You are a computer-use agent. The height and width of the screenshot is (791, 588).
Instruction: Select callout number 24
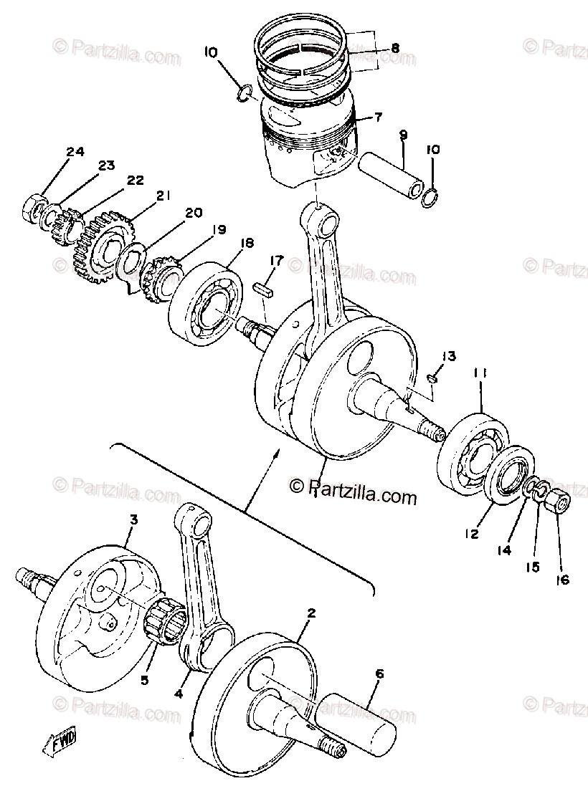75,152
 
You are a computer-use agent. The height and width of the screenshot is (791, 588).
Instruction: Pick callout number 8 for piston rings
394,49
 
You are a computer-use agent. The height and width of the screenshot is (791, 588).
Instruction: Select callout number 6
379,673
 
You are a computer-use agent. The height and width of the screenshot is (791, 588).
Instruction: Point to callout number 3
133,519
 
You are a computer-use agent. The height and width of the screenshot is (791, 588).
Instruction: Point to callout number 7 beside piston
378,117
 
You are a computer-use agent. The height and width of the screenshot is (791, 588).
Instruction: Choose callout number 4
177,694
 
